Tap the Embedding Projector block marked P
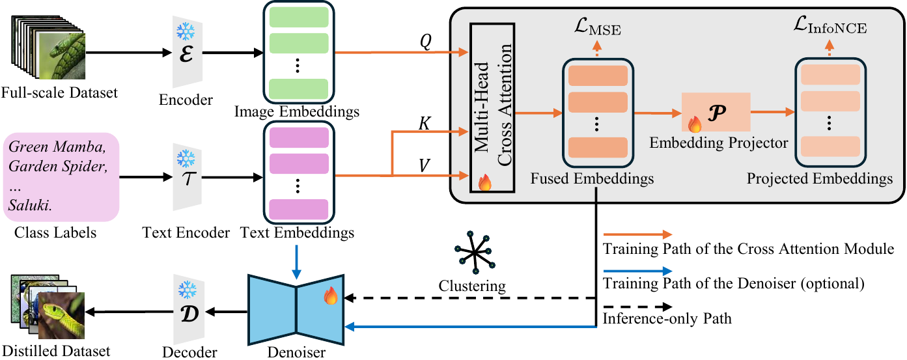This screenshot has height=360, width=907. pyautogui.click(x=716, y=112)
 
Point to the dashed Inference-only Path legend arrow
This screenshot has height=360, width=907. pyautogui.click(x=637, y=305)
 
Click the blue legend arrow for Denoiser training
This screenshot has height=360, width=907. pyautogui.click(x=637, y=270)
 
